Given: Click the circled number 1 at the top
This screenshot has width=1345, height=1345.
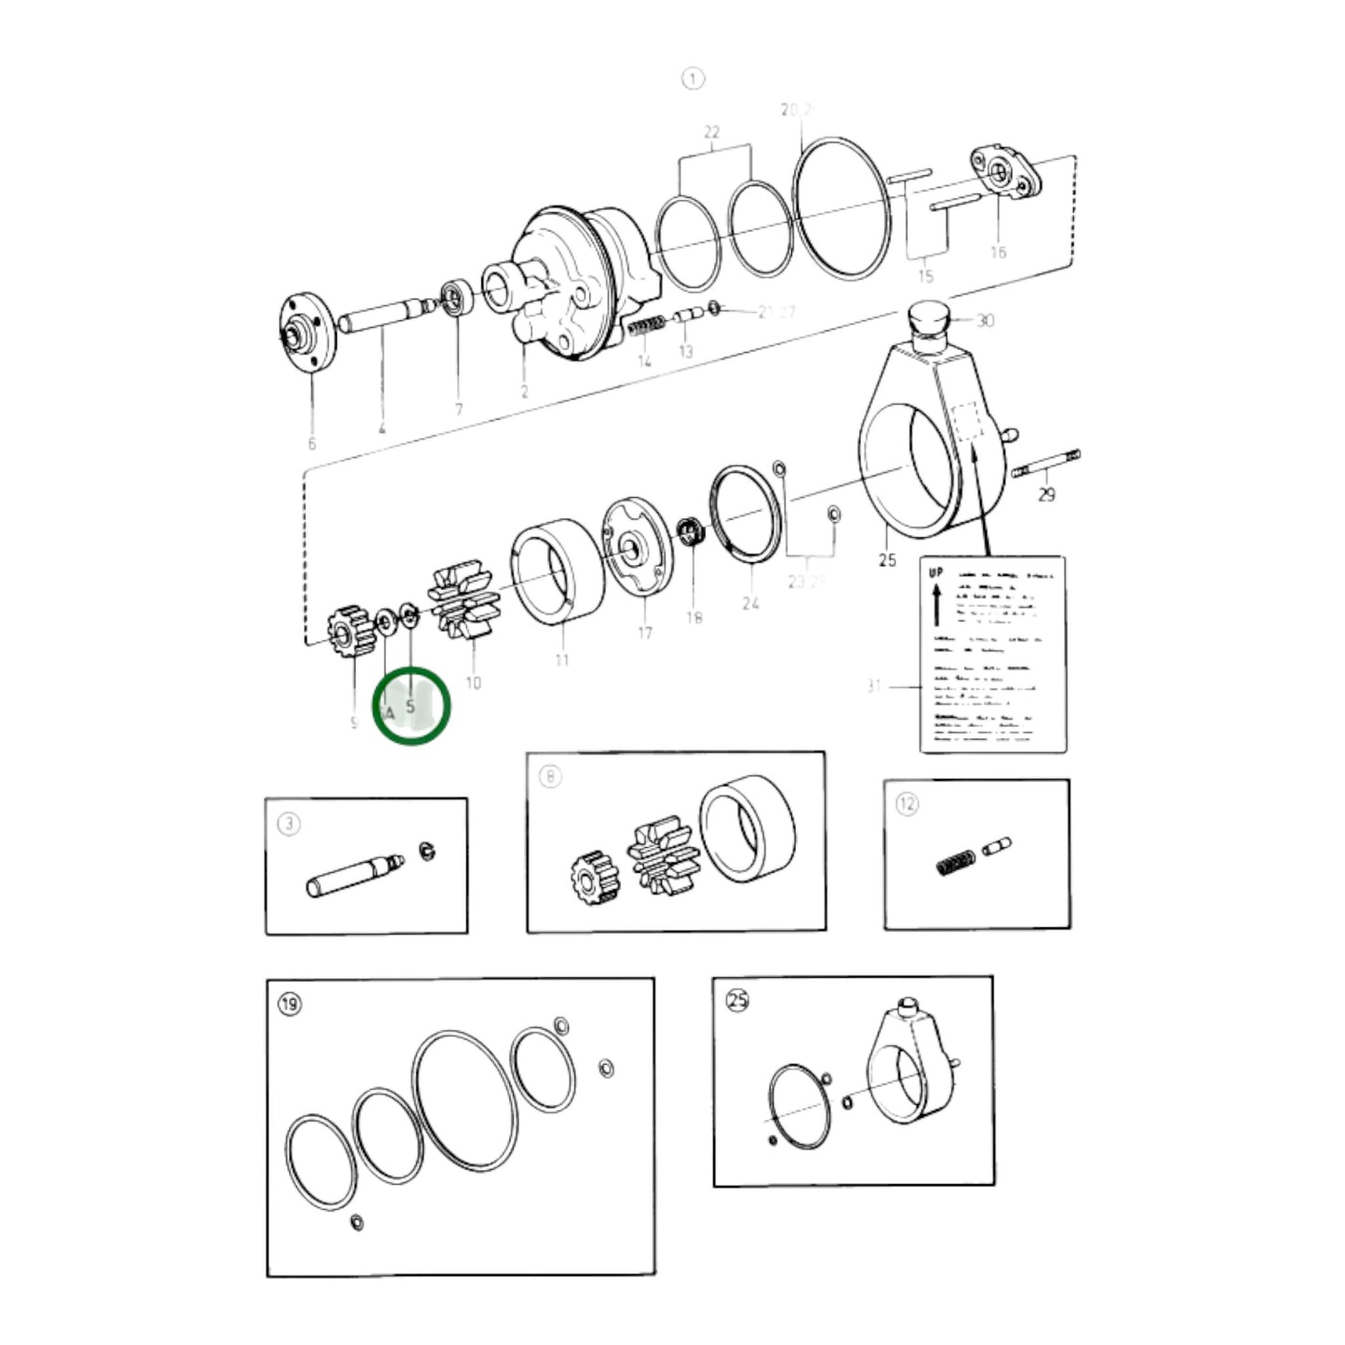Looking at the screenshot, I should point(693,79).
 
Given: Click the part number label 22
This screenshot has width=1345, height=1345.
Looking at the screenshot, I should point(712,132).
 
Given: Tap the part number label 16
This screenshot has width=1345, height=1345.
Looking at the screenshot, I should point(998,252).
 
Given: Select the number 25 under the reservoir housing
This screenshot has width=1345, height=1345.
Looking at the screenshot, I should point(887,558).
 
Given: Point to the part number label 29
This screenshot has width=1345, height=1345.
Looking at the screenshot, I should point(1047,495).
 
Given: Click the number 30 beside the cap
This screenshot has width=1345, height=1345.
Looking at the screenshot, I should point(985,320).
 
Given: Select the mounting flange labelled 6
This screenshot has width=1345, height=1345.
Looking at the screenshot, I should point(306,334).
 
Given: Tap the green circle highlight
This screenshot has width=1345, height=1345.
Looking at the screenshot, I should point(411,706).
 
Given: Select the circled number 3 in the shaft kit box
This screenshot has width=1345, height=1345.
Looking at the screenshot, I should point(289,824).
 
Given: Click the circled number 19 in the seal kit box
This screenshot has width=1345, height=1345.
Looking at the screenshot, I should point(290,1004).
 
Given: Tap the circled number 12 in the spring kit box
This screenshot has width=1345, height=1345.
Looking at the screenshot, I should point(907,804).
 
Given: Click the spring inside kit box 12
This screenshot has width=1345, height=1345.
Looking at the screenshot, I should point(956,861).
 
